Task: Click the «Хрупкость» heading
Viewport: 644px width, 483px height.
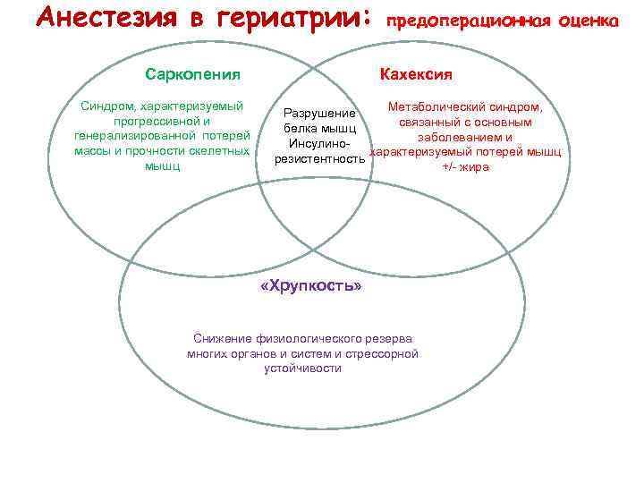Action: coord(310,286)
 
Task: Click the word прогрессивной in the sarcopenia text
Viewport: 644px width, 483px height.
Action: coord(150,122)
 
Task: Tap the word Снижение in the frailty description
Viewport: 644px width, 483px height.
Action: coord(221,339)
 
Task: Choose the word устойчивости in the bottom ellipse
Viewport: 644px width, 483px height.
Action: coord(303,368)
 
